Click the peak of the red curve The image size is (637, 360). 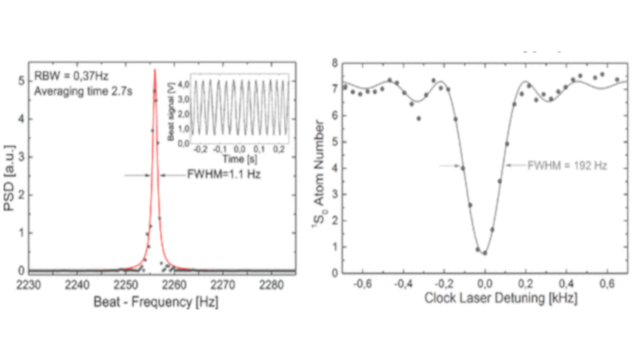154,70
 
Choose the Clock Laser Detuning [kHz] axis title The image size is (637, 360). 482,298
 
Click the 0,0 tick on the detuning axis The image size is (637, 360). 484,284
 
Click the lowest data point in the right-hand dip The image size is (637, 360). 485,253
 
